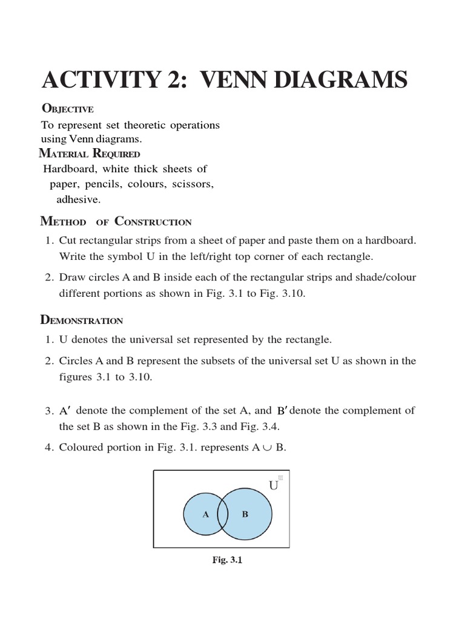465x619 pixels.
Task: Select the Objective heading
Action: pos(67,109)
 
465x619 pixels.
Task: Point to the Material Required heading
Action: pos(90,154)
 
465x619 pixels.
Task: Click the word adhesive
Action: pos(79,198)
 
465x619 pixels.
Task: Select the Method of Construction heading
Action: pos(116,222)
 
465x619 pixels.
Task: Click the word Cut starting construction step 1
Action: pos(68,241)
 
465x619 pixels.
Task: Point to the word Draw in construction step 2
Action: pos(71,277)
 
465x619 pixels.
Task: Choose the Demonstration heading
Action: pos(82,320)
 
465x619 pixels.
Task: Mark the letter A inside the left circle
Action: pos(205,514)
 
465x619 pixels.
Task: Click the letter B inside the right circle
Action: pos(245,514)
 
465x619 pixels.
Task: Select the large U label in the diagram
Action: pos(274,485)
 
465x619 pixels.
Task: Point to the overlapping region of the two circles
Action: pos(223,514)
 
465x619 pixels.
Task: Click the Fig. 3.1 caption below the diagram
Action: pos(227,560)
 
